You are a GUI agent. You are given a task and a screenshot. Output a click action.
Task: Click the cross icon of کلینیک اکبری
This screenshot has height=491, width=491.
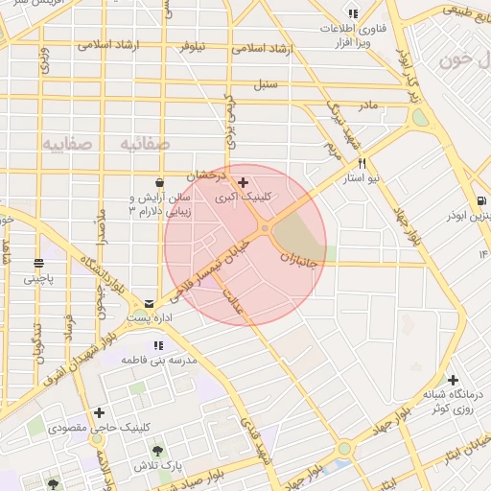[243, 182]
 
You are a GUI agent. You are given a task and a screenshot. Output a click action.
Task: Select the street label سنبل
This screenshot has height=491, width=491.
[266, 83]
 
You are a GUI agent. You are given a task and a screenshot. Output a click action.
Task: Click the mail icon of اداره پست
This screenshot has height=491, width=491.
[149, 302]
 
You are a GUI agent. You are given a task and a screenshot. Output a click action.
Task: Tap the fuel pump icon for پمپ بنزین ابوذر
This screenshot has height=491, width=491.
[480, 201]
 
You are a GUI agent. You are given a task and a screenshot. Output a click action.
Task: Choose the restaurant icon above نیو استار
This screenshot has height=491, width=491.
[362, 163]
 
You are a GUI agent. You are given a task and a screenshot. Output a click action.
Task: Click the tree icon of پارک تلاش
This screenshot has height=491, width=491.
[158, 450]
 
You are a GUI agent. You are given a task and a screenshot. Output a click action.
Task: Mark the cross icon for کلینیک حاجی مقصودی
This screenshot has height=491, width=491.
[100, 413]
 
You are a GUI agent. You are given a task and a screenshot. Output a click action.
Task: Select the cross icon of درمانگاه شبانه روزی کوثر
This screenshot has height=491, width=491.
[453, 380]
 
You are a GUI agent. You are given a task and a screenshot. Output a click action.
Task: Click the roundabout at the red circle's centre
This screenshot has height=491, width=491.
[264, 228]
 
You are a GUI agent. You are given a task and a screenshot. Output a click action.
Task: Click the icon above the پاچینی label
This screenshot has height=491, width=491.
[39, 263]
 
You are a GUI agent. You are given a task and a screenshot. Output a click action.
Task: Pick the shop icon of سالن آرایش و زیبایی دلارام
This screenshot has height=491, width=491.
[158, 182]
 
